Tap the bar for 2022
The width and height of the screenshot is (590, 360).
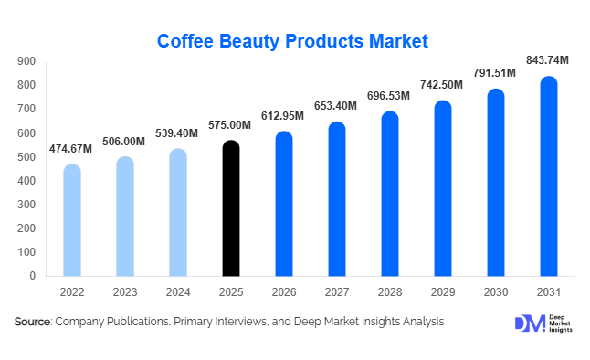point(71,220)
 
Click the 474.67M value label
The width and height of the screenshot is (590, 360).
point(71,149)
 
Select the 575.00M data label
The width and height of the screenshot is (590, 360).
point(231,125)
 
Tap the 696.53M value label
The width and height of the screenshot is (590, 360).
point(389,96)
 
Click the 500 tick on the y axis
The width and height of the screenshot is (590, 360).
point(26,157)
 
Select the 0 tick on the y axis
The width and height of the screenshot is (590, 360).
point(32,276)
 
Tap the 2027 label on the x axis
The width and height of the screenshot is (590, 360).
point(336,292)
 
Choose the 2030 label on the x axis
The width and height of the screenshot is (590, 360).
point(495,292)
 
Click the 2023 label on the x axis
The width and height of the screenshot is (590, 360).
point(124,292)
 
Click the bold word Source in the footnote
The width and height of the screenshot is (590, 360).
point(32,322)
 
